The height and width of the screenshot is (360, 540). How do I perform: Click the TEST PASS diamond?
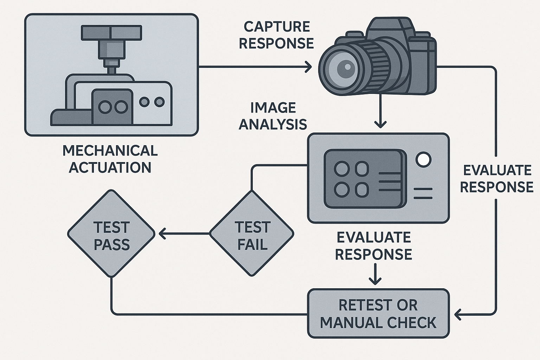[x=111, y=233]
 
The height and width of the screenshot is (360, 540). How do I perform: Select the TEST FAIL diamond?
[x=252, y=233]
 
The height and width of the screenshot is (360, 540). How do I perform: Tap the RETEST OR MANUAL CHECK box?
[x=378, y=314]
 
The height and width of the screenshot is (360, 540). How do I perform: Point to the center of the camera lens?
[x=347, y=66]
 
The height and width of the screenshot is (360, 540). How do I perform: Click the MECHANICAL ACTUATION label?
[x=110, y=159]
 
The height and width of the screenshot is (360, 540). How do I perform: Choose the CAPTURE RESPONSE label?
[x=276, y=35]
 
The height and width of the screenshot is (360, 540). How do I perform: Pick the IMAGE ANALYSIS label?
[x=273, y=116]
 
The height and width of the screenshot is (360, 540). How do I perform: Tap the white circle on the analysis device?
[x=424, y=159]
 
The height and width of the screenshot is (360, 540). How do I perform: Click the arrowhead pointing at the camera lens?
[x=308, y=66]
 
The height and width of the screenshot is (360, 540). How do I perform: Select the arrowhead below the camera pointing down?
[x=380, y=124]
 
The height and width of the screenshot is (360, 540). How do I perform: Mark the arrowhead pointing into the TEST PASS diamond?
[x=162, y=233]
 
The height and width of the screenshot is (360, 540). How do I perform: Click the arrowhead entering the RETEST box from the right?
[x=457, y=314]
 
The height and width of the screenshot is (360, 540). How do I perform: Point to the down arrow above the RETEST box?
[x=375, y=274]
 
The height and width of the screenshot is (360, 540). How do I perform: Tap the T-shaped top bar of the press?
[x=111, y=33]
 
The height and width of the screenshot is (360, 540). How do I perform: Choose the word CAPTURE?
[x=277, y=26]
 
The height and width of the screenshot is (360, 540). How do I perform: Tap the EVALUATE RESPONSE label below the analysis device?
[x=373, y=246]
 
